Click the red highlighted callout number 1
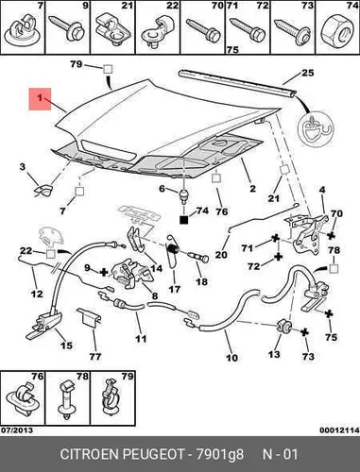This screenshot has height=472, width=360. (40, 99)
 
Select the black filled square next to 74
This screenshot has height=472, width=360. (183, 219)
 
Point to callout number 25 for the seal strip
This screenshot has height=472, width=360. (308, 73)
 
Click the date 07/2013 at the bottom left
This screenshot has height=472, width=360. (17, 430)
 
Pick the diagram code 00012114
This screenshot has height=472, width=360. (339, 430)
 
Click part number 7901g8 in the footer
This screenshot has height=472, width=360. (220, 454)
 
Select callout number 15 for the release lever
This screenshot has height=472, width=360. (66, 346)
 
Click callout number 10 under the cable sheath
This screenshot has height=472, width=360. (231, 358)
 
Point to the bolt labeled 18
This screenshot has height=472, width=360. (198, 257)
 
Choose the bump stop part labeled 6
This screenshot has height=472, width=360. (183, 195)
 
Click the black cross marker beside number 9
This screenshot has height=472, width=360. (104, 272)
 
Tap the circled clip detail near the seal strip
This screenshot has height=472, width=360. (316, 128)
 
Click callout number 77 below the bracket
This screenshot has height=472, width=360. (94, 357)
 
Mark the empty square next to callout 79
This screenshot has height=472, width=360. (108, 69)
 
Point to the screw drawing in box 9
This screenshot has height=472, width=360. (67, 27)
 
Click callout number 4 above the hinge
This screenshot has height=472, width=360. (322, 190)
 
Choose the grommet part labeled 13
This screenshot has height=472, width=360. (284, 327)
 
